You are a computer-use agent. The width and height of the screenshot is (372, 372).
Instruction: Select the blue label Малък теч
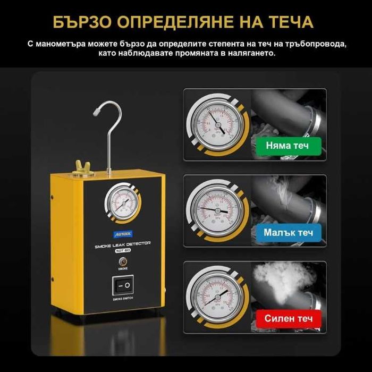pyautogui.click(x=289, y=232)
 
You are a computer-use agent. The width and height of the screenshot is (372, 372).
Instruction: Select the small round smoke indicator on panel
pyautogui.click(x=123, y=261)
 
